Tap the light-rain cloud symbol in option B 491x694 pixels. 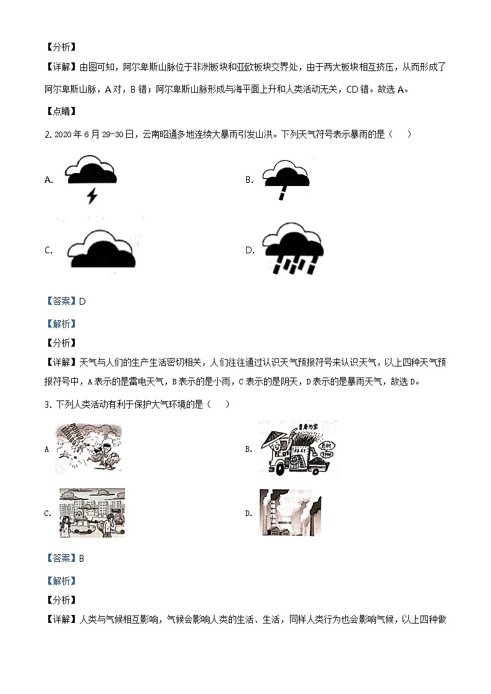click(285, 168)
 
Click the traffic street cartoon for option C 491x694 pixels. click(92, 512)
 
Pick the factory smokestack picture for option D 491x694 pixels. click(290, 512)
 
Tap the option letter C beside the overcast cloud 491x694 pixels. click(48, 250)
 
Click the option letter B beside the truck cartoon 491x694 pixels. click(249, 449)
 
